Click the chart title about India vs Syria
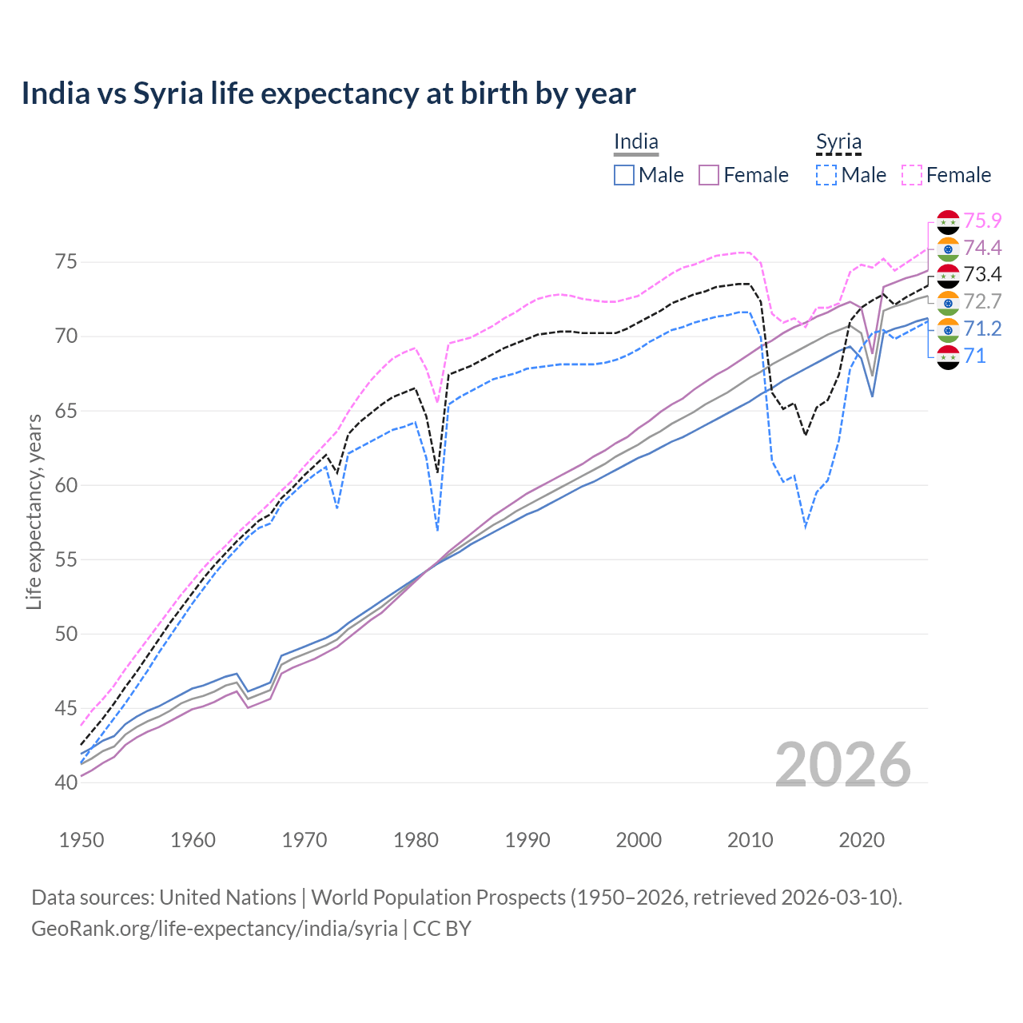(328, 94)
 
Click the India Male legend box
(624, 175)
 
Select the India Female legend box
(709, 175)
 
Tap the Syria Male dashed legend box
(826, 175)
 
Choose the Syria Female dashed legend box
(912, 175)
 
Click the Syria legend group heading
(838, 142)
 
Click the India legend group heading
(636, 142)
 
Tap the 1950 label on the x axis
(82, 840)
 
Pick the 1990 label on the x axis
(527, 840)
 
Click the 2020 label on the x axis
(862, 840)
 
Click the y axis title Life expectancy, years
(34, 511)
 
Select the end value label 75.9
(982, 221)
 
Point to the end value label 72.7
(982, 301)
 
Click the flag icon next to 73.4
(948, 275)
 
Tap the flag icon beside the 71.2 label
(948, 329)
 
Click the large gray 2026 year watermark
(843, 765)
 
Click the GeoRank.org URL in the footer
(214, 929)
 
